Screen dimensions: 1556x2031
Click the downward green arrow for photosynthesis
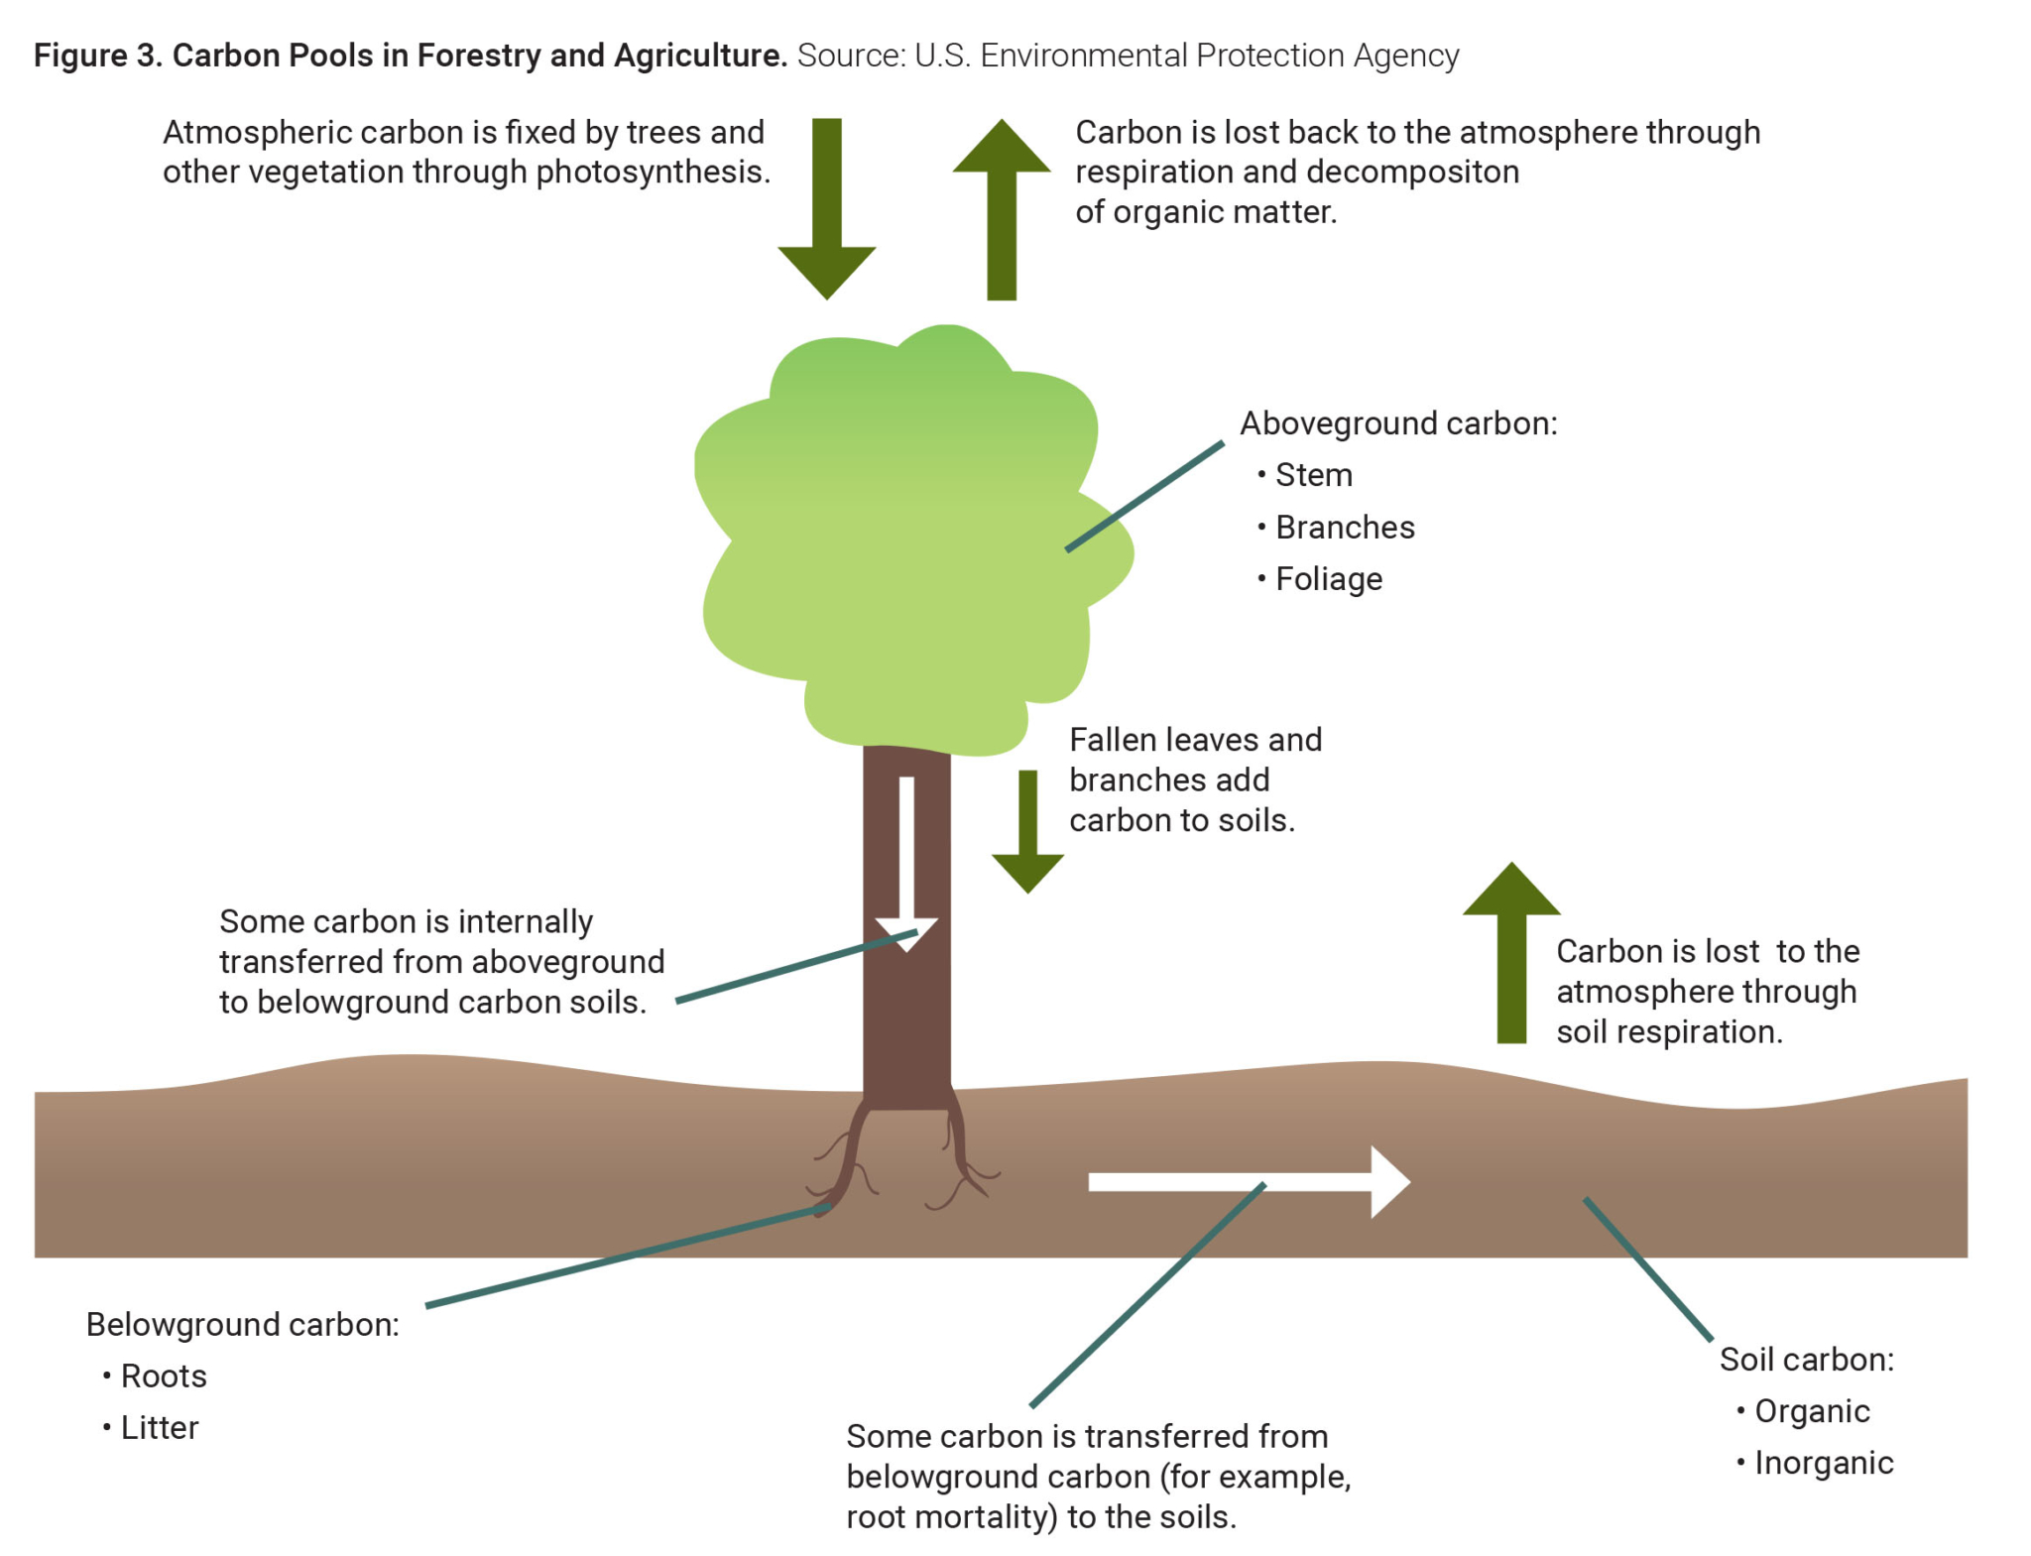click(x=826, y=208)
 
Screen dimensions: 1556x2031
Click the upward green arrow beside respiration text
click(x=1002, y=208)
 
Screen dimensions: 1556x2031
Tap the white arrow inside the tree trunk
click(x=906, y=863)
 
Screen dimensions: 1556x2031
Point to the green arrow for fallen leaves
click(x=1028, y=833)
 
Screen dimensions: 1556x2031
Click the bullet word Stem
click(x=1314, y=475)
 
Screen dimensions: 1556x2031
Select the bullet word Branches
click(x=1345, y=527)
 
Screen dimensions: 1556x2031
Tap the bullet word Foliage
click(x=1329, y=579)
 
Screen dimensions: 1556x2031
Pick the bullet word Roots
click(x=164, y=1376)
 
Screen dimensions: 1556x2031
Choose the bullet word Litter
click(x=160, y=1428)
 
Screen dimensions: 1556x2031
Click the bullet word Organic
click(x=1812, y=1411)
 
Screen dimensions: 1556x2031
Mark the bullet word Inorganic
click(x=1824, y=1463)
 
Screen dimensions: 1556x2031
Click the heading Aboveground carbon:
click(x=1398, y=423)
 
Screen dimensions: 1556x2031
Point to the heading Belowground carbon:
click(x=243, y=1325)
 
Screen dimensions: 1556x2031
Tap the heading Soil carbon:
click(x=1806, y=1360)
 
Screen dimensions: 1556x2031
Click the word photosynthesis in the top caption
click(x=653, y=173)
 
